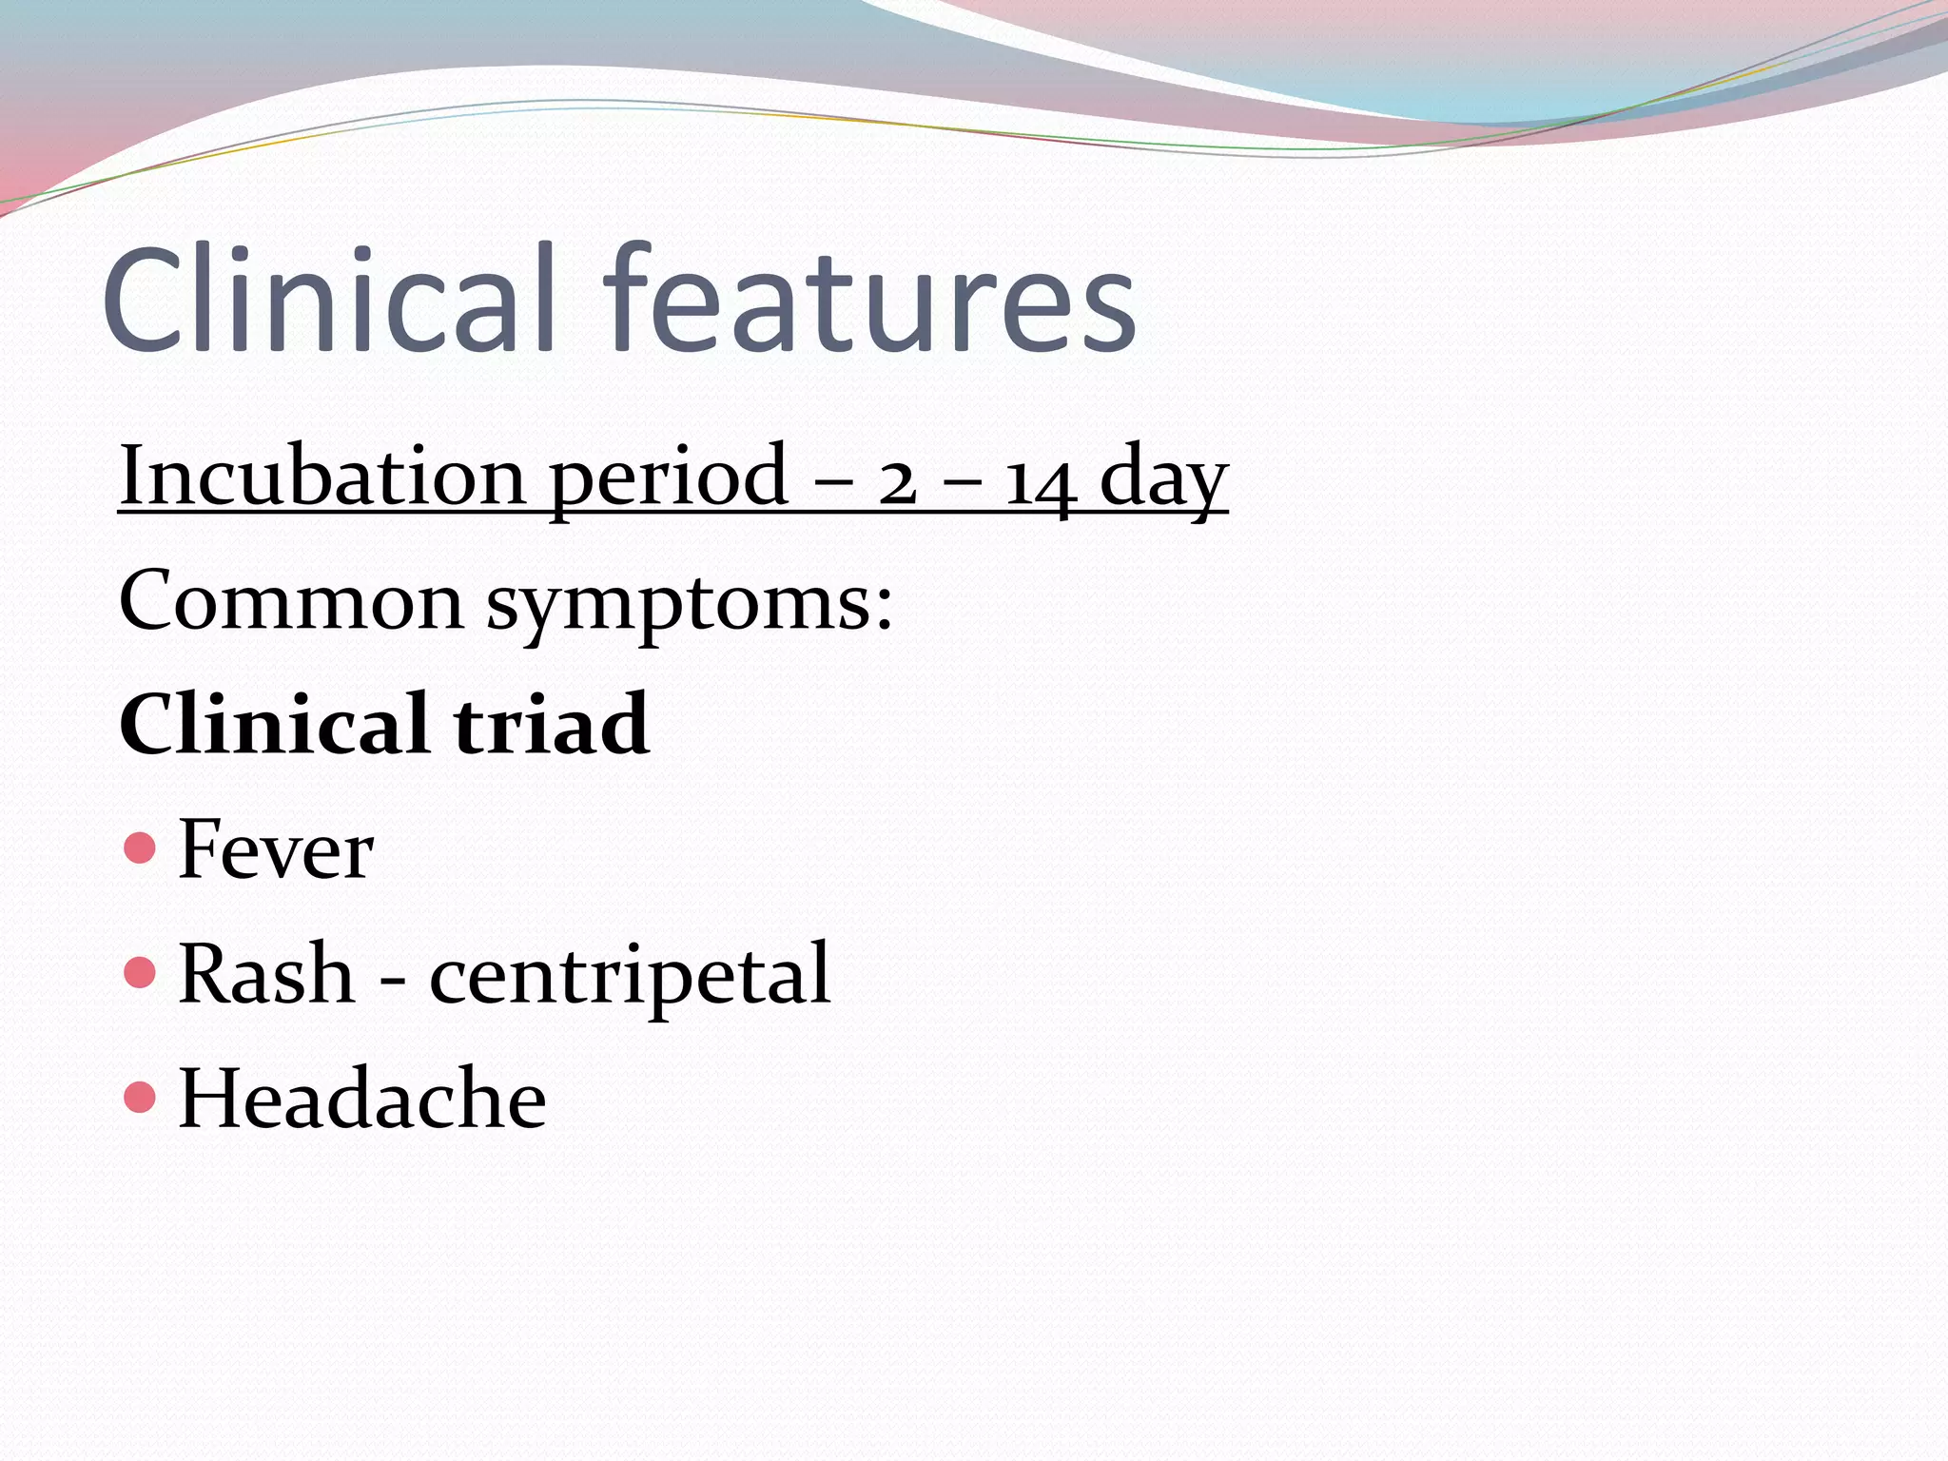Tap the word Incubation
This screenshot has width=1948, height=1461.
pos(322,475)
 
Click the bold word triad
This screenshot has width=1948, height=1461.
pos(552,725)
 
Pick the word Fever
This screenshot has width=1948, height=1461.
pos(276,849)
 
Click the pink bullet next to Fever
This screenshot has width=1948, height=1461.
pos(140,847)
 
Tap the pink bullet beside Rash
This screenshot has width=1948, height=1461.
pos(140,972)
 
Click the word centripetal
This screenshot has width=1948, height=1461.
pos(630,976)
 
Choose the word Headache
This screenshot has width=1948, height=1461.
pos(362,1099)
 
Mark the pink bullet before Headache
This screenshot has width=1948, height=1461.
pos(140,1097)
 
